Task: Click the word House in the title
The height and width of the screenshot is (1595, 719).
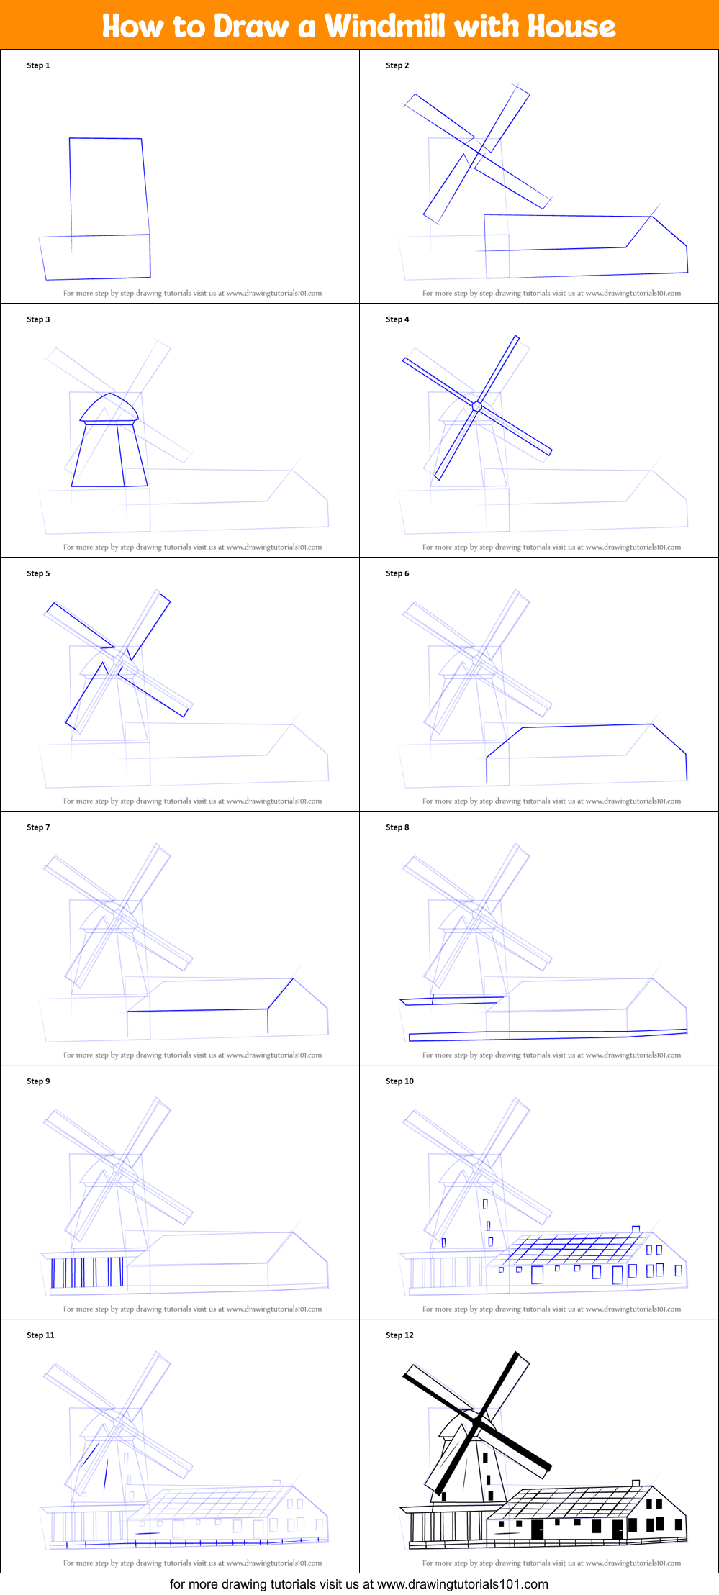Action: point(571,26)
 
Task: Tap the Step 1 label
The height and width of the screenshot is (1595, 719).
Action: point(38,65)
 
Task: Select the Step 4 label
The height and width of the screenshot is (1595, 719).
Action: point(397,319)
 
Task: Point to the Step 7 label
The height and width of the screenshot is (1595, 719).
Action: point(38,827)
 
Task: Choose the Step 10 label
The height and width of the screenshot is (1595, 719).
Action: point(399,1081)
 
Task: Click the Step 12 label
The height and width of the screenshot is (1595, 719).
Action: point(399,1335)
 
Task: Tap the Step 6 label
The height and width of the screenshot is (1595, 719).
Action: point(397,573)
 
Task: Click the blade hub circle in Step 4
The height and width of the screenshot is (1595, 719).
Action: point(476,406)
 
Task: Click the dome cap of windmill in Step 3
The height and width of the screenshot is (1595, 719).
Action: point(109,407)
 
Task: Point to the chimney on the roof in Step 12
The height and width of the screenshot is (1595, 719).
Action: point(636,1482)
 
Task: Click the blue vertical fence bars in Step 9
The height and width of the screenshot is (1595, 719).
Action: point(86,1272)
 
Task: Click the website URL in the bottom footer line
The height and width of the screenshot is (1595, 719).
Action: point(462,1584)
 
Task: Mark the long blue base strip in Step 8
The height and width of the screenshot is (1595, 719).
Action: point(547,1035)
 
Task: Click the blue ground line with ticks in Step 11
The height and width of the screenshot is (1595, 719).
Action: point(187,1542)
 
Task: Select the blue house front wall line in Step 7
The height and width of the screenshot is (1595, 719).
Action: point(198,1011)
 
